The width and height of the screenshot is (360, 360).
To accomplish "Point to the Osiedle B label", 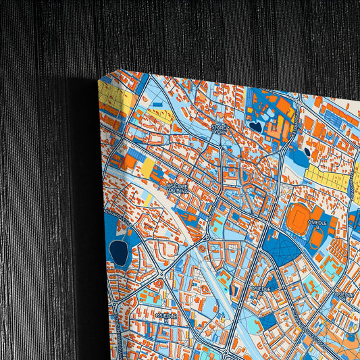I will coord(317,226).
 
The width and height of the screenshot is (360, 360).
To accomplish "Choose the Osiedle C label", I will coord(260,288).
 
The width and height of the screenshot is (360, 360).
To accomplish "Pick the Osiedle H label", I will coord(166,315).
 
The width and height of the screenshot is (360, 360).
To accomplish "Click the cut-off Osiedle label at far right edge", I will coord(346,295).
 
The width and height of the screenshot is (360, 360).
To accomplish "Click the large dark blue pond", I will coord(120,253).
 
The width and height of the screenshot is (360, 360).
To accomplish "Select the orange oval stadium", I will coord(298,217).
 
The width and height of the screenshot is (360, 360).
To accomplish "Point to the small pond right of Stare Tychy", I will coord(255,126).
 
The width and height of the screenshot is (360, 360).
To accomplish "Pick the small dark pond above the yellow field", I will coord(307,152).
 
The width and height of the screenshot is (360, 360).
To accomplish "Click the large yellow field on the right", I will coord(326,177).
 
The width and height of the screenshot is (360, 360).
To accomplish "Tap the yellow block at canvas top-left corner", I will coord(113,99).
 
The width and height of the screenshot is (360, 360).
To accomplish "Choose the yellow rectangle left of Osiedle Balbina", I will coord(147,169).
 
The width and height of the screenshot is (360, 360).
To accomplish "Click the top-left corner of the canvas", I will coord(99,80).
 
